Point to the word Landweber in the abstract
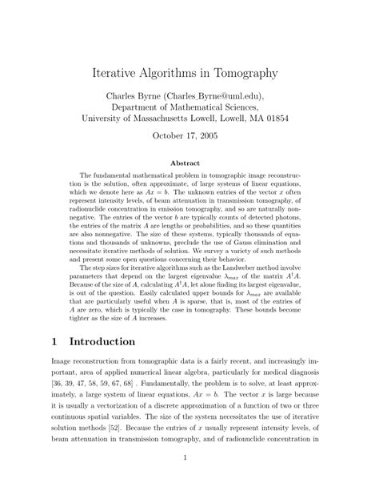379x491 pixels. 245,272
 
